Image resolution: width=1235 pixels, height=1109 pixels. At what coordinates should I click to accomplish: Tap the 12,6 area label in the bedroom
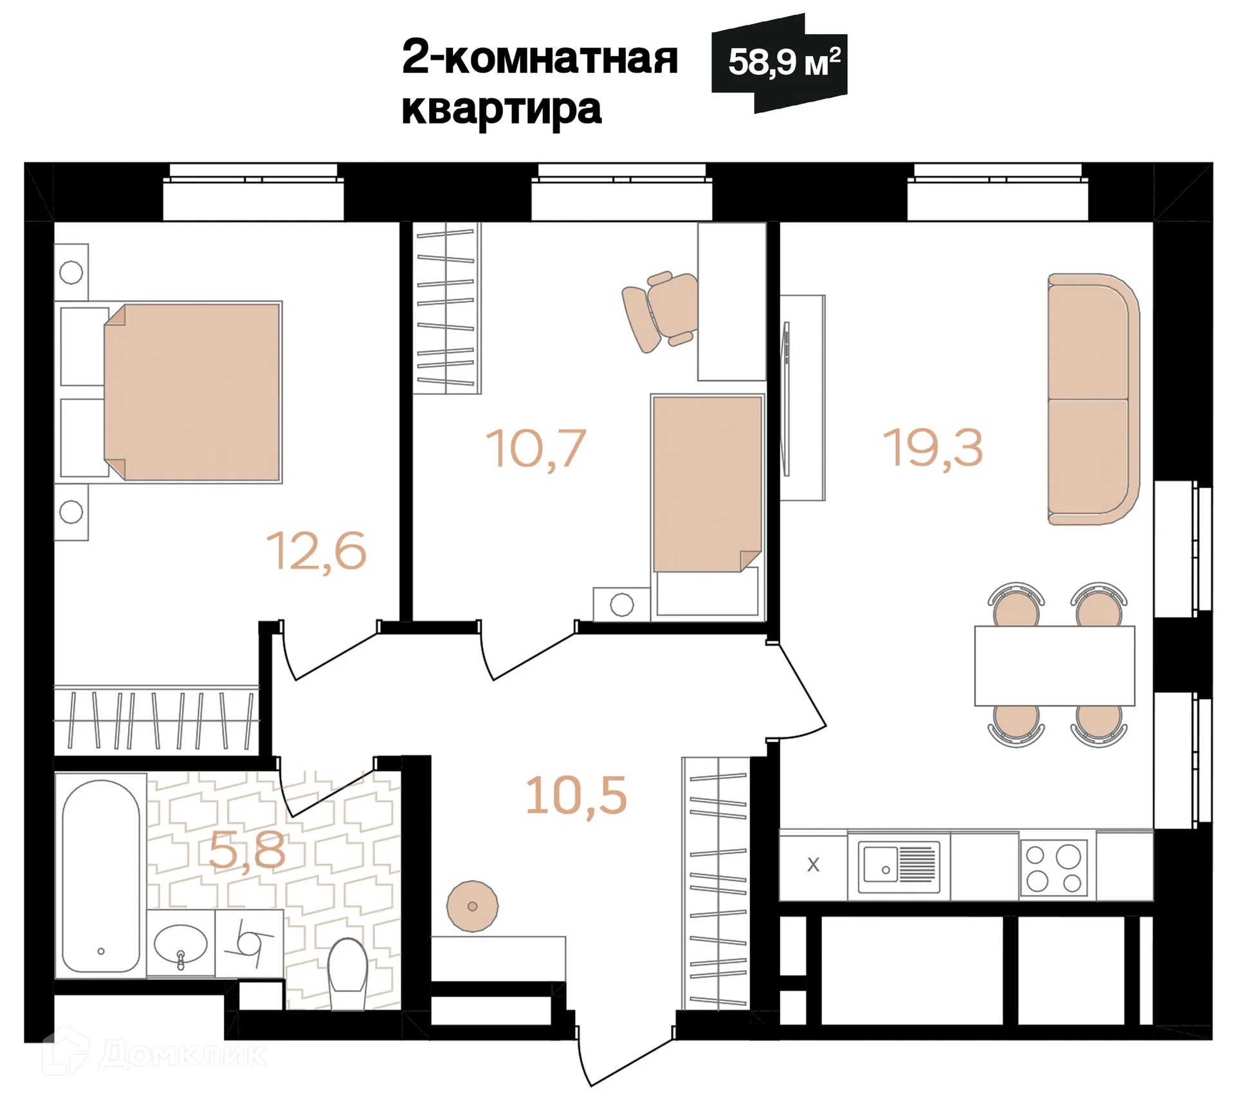316,551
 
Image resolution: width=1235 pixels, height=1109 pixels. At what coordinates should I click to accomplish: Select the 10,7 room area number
535,448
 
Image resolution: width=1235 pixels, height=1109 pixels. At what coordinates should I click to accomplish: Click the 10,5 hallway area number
576,796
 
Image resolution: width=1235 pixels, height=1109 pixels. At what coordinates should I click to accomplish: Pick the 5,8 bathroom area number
247,850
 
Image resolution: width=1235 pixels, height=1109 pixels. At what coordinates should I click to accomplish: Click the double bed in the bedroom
193,392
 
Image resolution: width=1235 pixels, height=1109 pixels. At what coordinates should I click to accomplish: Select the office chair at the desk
661,311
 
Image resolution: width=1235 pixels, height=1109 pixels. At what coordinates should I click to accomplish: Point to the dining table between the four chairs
1054,666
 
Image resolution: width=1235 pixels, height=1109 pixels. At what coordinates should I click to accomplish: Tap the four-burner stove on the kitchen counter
1053,868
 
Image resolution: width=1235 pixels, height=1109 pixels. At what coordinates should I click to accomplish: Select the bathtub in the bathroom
101,876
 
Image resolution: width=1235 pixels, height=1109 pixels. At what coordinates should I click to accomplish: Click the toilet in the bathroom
347,973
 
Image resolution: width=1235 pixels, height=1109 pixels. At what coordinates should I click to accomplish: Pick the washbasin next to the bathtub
181,944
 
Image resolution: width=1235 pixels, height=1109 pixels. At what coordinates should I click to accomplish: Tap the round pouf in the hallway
472,906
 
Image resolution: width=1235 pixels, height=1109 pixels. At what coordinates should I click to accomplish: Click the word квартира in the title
501,109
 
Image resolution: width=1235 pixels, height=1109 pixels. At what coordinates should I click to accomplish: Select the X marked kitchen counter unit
813,865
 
